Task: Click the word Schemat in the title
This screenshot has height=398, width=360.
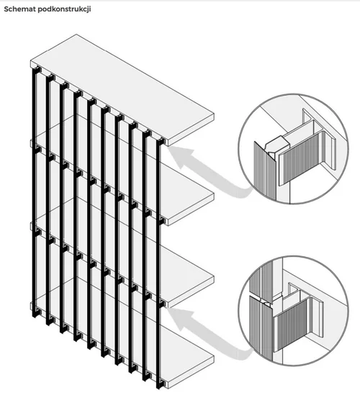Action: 19,9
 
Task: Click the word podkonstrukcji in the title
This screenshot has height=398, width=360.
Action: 64,9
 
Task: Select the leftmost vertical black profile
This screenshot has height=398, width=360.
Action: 34,193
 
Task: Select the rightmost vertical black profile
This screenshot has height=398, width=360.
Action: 158,302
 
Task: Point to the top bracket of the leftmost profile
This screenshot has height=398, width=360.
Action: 37,70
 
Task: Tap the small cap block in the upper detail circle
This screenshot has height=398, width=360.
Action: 276,145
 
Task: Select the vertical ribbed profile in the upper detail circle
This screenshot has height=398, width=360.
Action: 264,170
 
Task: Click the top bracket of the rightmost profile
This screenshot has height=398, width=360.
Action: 161,142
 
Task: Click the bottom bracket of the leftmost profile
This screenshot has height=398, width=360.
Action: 37,313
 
